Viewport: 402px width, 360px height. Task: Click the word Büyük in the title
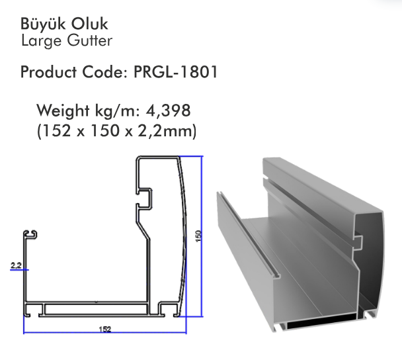(43, 24)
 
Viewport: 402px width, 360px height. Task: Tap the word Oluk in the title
(89, 24)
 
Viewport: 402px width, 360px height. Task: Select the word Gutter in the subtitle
(90, 40)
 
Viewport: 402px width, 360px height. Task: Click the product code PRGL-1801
(176, 71)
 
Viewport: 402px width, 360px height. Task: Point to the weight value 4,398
(168, 111)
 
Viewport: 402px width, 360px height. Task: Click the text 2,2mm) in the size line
(167, 131)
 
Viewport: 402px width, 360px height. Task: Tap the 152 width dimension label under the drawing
(105, 329)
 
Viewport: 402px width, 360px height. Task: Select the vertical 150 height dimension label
(199, 236)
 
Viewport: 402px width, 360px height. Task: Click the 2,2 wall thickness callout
(16, 265)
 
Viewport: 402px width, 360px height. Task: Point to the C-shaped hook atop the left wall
(30, 235)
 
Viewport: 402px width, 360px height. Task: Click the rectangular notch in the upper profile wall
(144, 198)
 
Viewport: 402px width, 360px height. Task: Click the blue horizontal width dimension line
(105, 333)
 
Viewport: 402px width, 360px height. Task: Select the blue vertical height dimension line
(202, 236)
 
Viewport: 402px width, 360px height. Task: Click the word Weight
(63, 111)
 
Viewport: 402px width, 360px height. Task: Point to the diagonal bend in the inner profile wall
(143, 230)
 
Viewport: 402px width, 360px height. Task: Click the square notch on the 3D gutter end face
(358, 242)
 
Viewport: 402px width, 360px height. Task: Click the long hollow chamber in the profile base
(96, 309)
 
